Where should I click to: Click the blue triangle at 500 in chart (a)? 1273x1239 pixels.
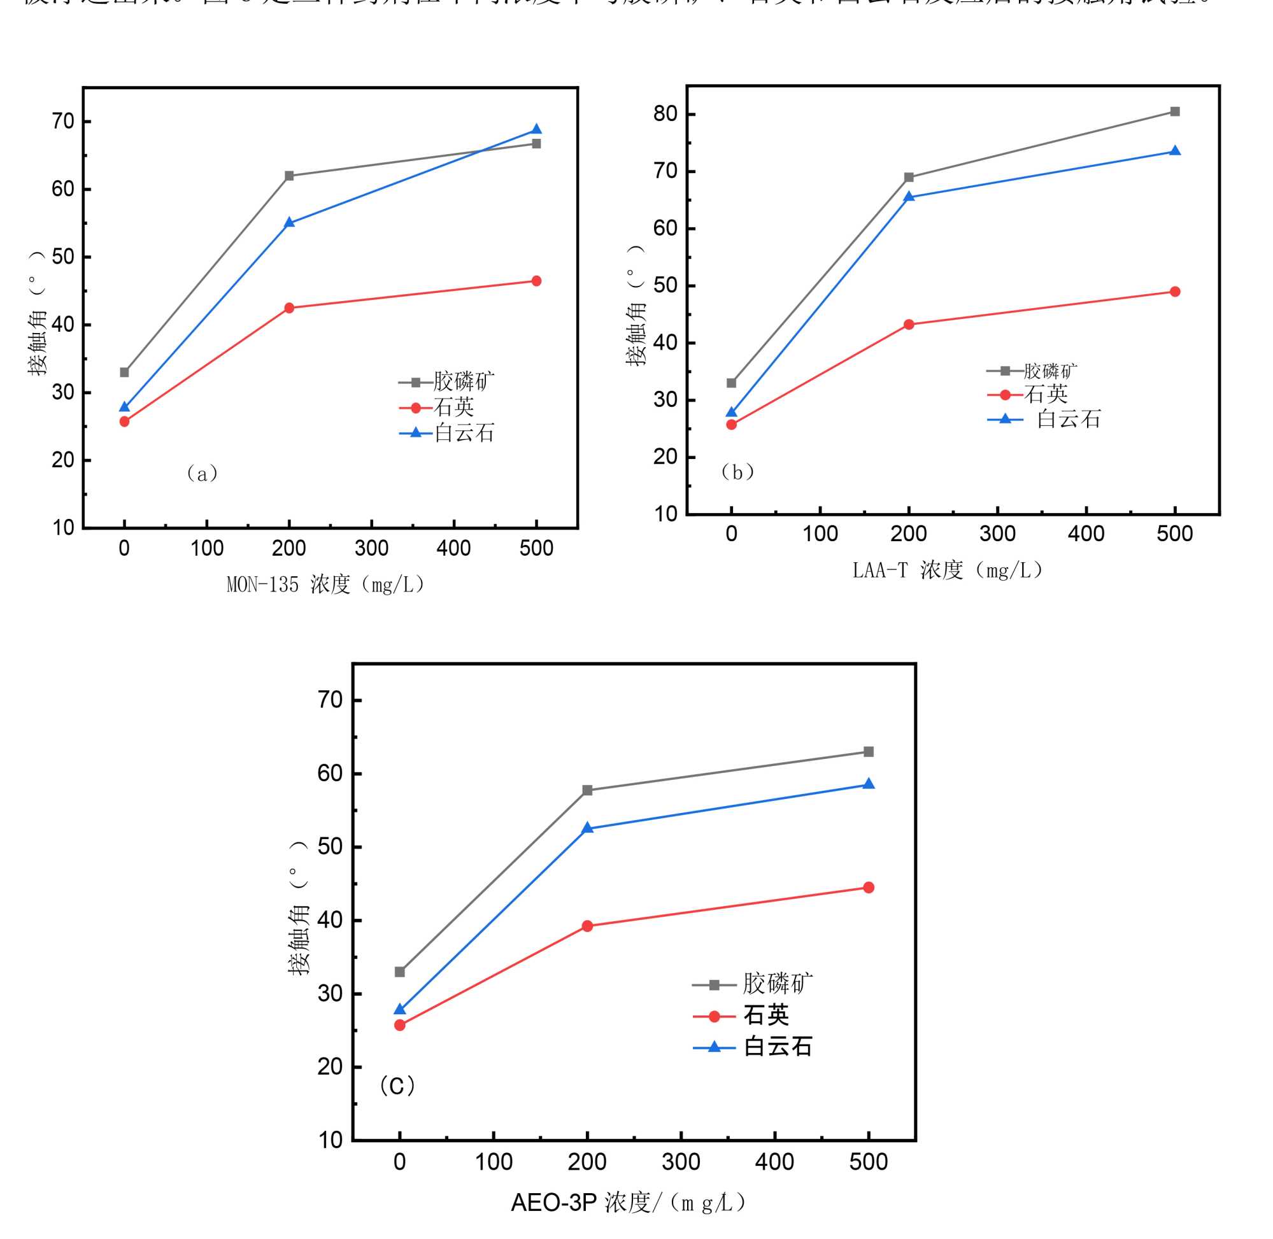pyautogui.click(x=536, y=129)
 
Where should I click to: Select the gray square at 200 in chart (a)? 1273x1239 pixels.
pyautogui.click(x=289, y=176)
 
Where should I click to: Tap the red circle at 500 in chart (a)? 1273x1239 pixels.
pyautogui.click(x=536, y=281)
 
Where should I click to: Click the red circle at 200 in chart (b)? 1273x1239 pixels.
pyautogui.click(x=909, y=325)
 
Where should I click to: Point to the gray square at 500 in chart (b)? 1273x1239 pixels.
pyautogui.click(x=1174, y=112)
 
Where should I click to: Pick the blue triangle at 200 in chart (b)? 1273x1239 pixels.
pyautogui.click(x=909, y=197)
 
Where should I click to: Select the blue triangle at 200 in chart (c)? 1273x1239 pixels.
pyautogui.click(x=587, y=828)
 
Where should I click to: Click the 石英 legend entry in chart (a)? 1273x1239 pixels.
pyautogui.click(x=453, y=408)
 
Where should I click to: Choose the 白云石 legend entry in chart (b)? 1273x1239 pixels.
pyautogui.click(x=1068, y=420)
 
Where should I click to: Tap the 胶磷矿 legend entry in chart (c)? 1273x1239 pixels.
pyautogui.click(x=777, y=984)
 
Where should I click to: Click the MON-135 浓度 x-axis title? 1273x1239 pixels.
pyautogui.click(x=325, y=585)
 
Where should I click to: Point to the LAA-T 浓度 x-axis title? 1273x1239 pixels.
pyautogui.click(x=947, y=570)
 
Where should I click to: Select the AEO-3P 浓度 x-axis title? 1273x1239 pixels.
pyautogui.click(x=627, y=1203)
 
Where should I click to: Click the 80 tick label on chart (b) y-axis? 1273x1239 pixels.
pyautogui.click(x=665, y=115)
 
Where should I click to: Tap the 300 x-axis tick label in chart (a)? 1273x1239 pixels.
pyautogui.click(x=371, y=549)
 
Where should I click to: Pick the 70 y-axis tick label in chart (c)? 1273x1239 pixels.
pyautogui.click(x=330, y=701)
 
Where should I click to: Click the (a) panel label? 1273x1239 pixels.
pyautogui.click(x=202, y=473)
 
